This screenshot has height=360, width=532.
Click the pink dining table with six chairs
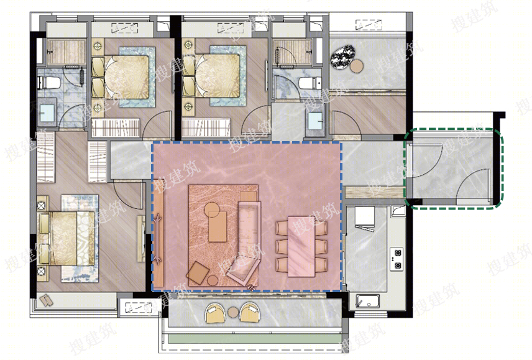coord(301,246)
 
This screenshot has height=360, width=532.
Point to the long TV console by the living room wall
coord(158,238)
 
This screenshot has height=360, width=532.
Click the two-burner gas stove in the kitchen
coord(397,259)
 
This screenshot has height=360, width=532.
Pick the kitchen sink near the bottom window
coord(367,301)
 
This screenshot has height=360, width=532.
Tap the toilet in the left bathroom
coord(50,83)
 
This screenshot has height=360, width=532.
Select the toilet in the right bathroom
coord(310,83)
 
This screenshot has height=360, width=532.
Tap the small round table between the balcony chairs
coord(234,312)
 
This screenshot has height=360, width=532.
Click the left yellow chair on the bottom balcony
coord(216,313)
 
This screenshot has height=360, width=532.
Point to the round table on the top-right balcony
coord(357,66)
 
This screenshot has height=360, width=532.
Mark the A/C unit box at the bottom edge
coord(139,307)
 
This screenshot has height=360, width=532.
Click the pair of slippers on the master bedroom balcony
coord(46,301)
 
